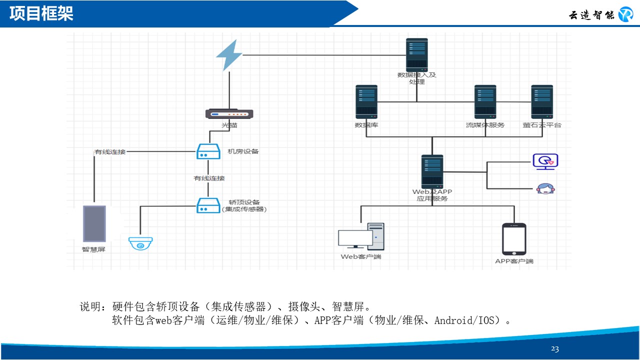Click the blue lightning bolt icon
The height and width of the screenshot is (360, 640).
(229, 55)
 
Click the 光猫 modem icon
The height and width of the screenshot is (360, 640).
(229, 113)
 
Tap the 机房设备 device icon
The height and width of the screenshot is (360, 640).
(207, 151)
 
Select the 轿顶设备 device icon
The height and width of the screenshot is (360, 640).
(207, 205)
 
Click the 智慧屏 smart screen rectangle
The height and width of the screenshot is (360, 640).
(94, 223)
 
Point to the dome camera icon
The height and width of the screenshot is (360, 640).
(140, 243)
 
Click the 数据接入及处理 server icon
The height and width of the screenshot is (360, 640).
(417, 54)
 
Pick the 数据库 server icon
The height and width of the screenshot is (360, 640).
(366, 102)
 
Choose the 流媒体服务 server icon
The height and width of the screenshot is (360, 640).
(485, 102)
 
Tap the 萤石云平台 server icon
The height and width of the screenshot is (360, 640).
(542, 102)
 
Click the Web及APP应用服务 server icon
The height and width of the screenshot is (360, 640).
(432, 171)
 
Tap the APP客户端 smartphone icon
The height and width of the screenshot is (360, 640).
(514, 239)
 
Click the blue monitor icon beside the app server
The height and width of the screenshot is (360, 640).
(545, 161)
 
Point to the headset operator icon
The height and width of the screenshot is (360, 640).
(545, 188)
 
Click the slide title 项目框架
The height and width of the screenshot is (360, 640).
(41, 13)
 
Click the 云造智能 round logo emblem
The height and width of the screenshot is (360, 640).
(625, 14)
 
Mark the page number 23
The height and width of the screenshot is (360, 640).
(555, 349)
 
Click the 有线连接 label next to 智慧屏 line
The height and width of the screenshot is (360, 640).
(110, 151)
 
